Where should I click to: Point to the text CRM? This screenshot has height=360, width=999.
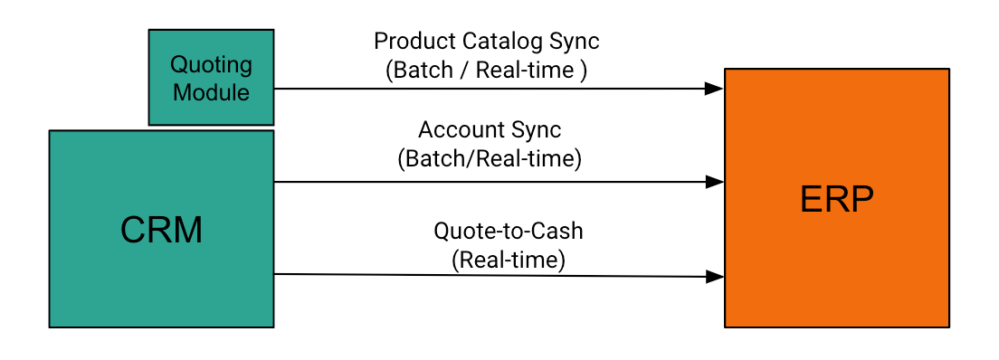coord(161,231)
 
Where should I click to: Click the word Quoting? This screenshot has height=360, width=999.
coord(211,65)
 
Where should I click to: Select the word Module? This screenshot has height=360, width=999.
coord(211,91)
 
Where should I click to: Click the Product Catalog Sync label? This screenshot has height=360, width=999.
coord(486,42)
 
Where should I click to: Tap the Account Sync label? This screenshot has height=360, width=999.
coord(489,130)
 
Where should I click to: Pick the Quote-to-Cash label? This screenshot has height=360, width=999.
coord(508,232)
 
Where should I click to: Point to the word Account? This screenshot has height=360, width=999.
coord(456,130)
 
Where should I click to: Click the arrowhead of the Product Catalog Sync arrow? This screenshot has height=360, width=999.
coord(715,89)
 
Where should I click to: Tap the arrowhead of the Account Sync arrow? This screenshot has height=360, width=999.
coord(715,182)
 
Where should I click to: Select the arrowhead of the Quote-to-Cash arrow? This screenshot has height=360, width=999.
coord(715,276)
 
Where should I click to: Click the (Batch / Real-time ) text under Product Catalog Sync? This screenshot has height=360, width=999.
coord(486,70)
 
